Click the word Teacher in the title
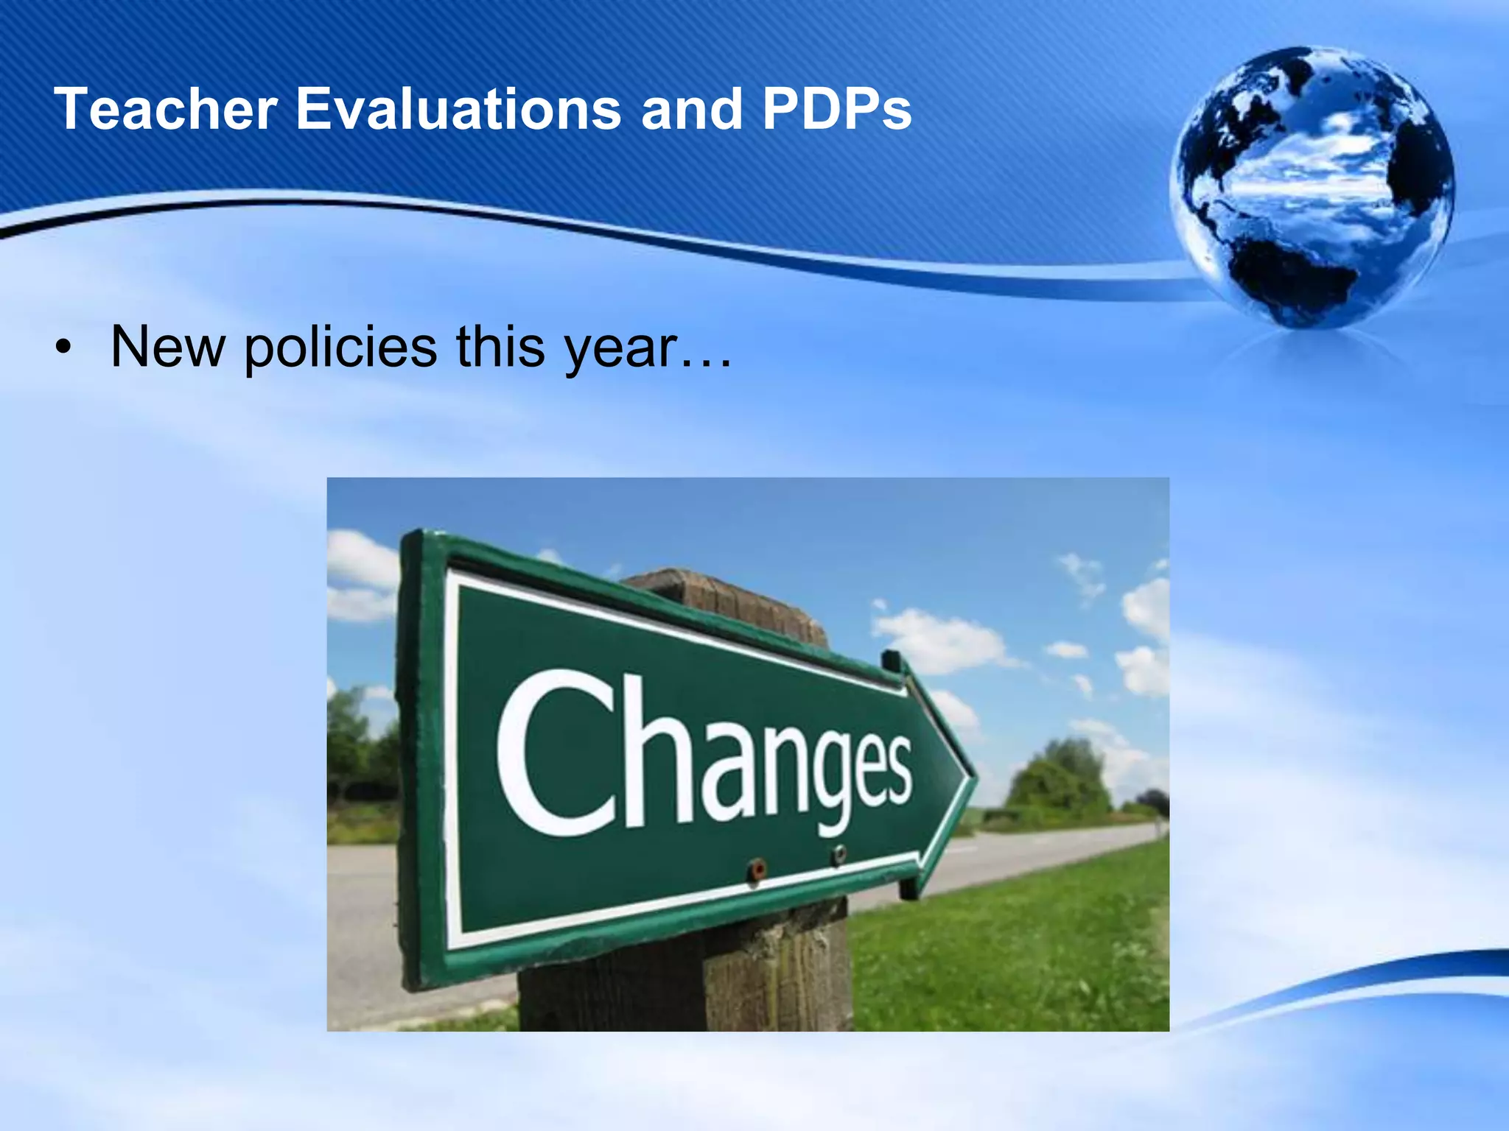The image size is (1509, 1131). coord(165,109)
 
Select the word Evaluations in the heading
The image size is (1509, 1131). coord(458,109)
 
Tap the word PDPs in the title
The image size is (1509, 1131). coord(837,109)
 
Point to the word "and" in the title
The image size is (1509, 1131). coord(691,109)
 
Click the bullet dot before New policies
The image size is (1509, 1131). coord(64,348)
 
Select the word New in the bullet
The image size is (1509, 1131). coord(168,348)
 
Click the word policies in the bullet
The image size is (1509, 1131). coord(340,348)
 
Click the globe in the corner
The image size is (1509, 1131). coord(1311,188)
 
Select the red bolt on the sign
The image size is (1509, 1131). coord(756,870)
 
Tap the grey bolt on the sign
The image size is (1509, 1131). coord(838,854)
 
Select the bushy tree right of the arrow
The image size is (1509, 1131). coord(1057,781)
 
